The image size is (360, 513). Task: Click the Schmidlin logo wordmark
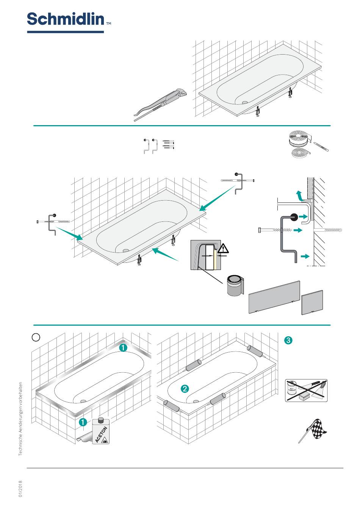click(x=65, y=19)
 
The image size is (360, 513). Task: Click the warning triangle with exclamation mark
click(x=223, y=249)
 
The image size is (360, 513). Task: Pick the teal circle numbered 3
click(x=288, y=340)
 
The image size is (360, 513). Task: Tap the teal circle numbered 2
click(x=185, y=389)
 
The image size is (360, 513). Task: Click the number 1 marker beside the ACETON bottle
click(x=83, y=422)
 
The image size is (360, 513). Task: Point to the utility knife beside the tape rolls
click(x=321, y=146)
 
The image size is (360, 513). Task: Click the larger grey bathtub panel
click(x=274, y=297)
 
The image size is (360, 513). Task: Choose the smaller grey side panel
click(x=312, y=302)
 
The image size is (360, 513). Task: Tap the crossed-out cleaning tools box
click(x=306, y=391)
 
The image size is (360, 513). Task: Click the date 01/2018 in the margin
click(x=21, y=489)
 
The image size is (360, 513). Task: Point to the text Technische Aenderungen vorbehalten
click(x=21, y=419)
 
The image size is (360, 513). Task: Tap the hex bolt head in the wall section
click(x=259, y=230)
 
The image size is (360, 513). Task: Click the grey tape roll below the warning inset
click(x=234, y=286)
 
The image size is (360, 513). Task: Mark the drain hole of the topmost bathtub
click(x=244, y=102)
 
